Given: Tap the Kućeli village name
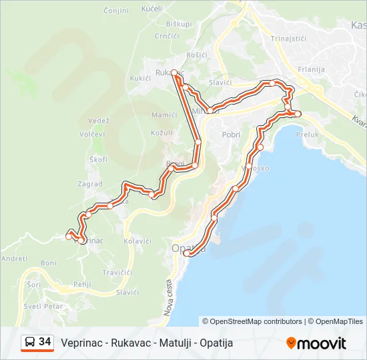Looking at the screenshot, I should tap(152, 9).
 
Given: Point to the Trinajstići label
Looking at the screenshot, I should tap(288, 39).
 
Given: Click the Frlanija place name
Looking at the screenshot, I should tap(311, 69).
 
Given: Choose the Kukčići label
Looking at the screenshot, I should tap(140, 78).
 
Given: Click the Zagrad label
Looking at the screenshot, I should tap(90, 184).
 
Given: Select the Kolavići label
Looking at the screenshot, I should tap(137, 240).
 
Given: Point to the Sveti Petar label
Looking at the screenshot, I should tap(43, 307).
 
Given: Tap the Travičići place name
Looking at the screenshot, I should tap(117, 273).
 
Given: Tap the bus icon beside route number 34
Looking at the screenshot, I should tap(30, 342).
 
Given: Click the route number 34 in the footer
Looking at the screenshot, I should tap(45, 342).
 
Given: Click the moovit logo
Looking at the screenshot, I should tap(316, 343).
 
